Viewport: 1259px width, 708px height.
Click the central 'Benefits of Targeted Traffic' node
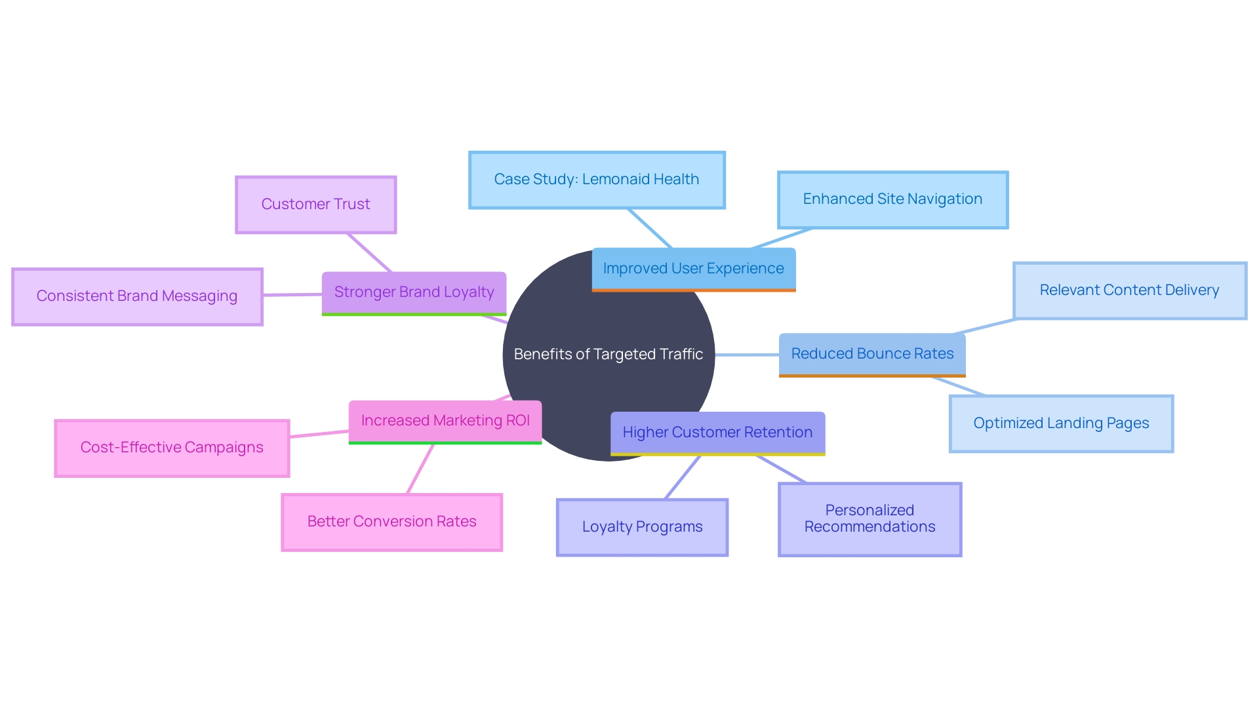tap(609, 354)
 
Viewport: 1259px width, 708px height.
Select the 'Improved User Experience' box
tap(693, 269)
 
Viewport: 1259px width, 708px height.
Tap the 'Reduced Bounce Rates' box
tap(872, 354)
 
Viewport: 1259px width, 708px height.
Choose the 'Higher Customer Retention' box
tap(717, 433)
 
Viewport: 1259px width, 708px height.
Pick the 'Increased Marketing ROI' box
tap(445, 421)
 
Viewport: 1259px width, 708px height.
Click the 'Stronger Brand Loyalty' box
tap(414, 292)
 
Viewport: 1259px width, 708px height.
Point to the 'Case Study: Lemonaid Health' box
tap(597, 180)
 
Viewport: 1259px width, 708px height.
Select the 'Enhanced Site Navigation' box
tap(892, 199)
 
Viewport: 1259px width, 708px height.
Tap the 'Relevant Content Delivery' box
tap(1129, 290)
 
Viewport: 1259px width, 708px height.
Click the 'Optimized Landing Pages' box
tap(1061, 423)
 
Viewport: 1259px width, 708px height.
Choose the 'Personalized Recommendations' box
tap(869, 519)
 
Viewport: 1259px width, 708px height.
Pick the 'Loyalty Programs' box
tap(642, 527)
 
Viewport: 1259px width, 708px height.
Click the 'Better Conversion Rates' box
tap(391, 522)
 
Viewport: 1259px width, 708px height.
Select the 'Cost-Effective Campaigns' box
tap(172, 448)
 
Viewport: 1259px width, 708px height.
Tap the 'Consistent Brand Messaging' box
tap(137, 296)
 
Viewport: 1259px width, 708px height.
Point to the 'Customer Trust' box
tap(315, 205)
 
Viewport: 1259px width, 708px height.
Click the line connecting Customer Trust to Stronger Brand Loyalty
tap(369, 252)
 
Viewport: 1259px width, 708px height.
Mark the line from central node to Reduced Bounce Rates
tap(747, 355)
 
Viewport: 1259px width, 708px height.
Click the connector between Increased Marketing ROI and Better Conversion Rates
tap(420, 469)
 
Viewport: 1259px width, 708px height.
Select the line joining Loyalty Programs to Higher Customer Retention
tap(683, 477)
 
